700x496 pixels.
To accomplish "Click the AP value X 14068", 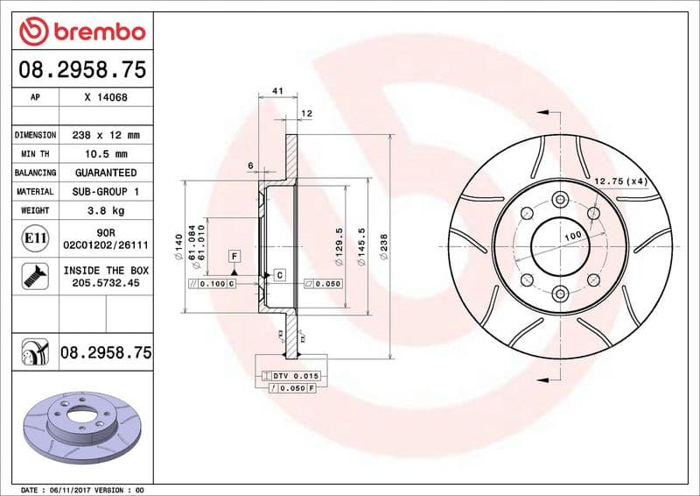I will click(106, 98).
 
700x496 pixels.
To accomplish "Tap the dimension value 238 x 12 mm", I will click(106, 136).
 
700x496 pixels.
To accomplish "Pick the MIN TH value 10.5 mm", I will click(106, 154).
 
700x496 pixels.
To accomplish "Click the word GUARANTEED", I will click(106, 173).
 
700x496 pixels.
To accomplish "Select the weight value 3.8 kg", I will click(106, 210).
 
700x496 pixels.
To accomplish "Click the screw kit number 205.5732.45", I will click(106, 283).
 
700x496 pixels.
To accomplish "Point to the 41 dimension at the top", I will click(277, 91).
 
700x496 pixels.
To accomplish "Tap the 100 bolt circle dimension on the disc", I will click(572, 237).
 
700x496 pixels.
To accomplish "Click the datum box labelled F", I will click(234, 256).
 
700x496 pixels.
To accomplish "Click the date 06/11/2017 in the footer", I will click(77, 489).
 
